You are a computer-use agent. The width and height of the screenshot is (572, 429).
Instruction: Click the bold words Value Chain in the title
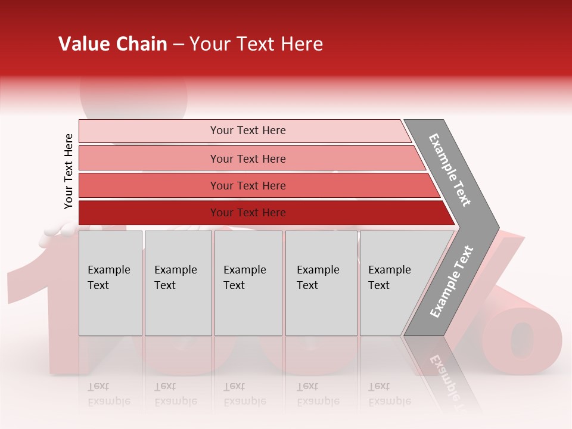click(x=113, y=44)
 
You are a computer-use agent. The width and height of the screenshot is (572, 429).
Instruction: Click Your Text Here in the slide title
click(x=256, y=44)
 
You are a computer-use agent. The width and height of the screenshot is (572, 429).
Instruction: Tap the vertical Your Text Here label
click(x=69, y=171)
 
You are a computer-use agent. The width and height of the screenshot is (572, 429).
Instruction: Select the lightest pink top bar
click(x=149, y=131)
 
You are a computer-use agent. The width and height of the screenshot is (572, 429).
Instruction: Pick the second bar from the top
click(x=149, y=158)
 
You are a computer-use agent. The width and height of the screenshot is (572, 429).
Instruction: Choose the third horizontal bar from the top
click(x=149, y=185)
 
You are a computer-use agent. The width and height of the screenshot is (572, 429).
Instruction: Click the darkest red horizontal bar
click(x=149, y=213)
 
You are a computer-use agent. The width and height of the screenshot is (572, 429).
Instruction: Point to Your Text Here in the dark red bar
click(x=248, y=213)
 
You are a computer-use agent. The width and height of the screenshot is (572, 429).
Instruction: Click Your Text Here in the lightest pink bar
click(x=248, y=130)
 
